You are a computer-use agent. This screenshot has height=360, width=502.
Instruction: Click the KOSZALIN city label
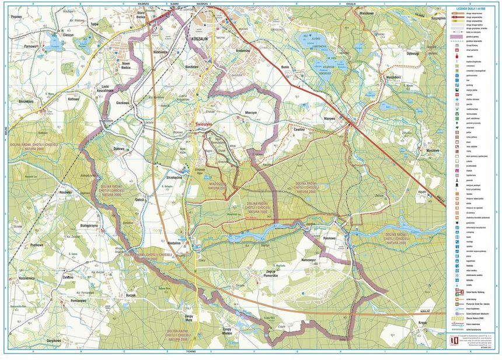point(200,39)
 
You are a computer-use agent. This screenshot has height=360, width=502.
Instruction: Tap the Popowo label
point(16,17)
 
